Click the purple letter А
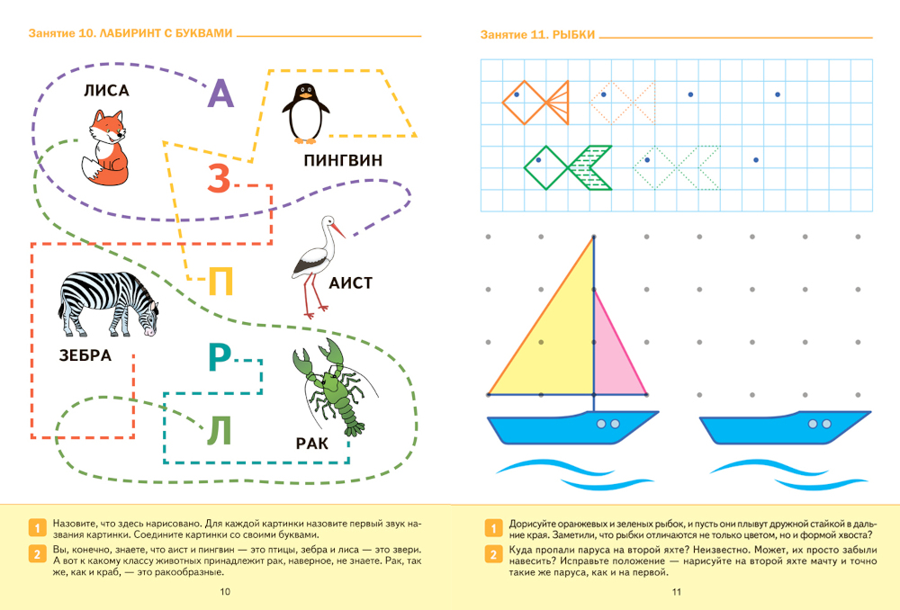tap(221, 94)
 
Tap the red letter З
tap(219, 178)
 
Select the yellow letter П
tap(220, 282)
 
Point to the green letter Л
tap(219, 430)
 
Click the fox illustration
tap(106, 148)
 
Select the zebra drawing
tap(108, 304)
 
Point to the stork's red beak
tap(338, 230)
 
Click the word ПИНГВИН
tap(343, 160)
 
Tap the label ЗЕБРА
tap(85, 355)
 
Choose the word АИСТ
tap(351, 283)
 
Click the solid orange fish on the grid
tap(535, 103)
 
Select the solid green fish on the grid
tap(568, 167)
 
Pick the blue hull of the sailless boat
tap(785, 427)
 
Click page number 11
tap(677, 592)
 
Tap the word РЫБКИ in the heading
tap(573, 35)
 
